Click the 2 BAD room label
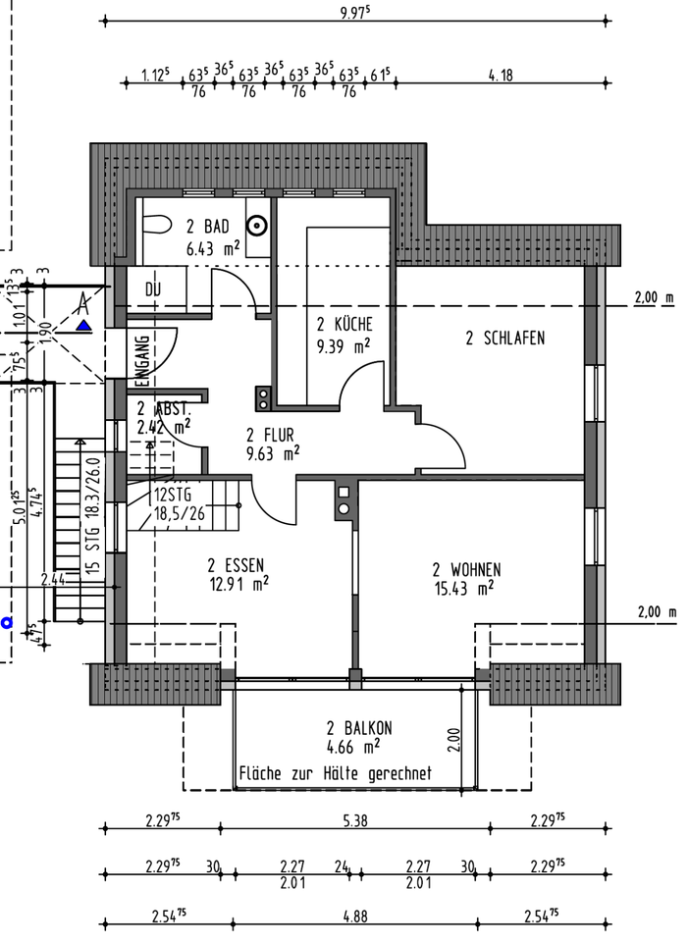pos(207,228)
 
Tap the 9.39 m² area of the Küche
pos(344,345)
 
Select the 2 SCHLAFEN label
pos(504,339)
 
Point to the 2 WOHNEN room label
pos(466,569)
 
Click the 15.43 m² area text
pos(463,589)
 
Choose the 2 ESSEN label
pos(236,564)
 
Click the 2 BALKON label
pos(360,728)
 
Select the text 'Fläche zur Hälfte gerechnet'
pos(336,773)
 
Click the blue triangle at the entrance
pos(85,325)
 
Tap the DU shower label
pos(152,289)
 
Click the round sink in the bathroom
pos(257,225)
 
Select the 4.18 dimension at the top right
pos(500,75)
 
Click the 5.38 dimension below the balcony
pos(355,821)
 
